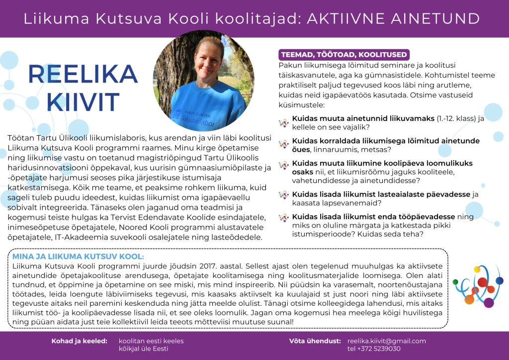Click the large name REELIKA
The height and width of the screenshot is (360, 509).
coord(74,75)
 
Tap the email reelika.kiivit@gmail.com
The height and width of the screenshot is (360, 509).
coord(387,341)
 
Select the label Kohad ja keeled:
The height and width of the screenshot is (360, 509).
coord(79,341)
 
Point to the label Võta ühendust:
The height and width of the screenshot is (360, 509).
coord(315,341)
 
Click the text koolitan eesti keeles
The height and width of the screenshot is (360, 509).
coord(151,341)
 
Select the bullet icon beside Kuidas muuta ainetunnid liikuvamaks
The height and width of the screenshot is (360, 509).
coord(283,122)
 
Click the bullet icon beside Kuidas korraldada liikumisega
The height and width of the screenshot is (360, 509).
coord(283,144)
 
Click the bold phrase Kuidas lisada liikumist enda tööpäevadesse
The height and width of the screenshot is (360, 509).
coord(373,217)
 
